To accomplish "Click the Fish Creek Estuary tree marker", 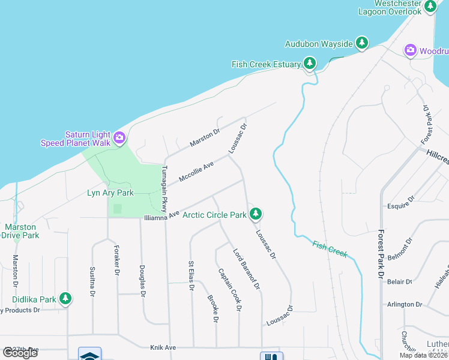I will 309,62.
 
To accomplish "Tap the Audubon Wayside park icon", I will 361,43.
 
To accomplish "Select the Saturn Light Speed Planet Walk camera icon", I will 119,138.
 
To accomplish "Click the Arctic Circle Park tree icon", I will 256,213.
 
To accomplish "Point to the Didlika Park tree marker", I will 65,298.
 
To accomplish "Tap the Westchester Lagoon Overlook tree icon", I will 430,6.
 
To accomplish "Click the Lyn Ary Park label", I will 110,193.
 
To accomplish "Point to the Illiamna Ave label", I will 161,214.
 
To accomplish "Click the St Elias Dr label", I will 191,275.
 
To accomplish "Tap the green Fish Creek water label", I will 330,249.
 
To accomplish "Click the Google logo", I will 20,353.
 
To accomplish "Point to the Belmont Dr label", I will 400,250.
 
